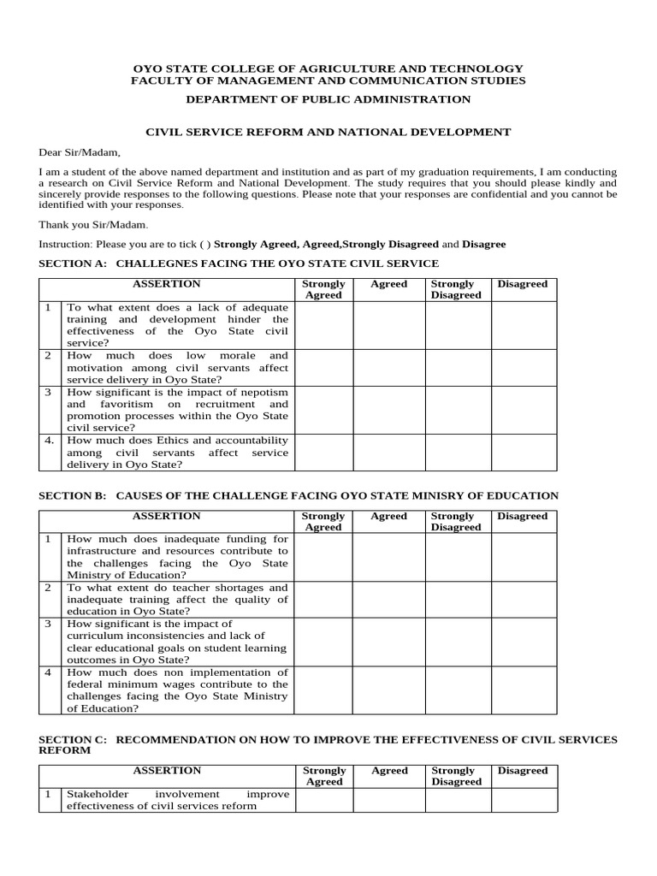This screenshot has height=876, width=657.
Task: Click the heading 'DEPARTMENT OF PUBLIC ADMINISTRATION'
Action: tap(328, 99)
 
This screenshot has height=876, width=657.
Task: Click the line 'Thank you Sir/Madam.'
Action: tap(93, 224)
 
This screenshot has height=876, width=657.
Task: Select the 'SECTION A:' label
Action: tap(74, 263)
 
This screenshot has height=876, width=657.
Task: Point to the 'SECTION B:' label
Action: tap(73, 495)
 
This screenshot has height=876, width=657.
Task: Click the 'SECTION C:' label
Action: tap(73, 739)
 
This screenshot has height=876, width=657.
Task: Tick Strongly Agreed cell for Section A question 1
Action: tap(323, 325)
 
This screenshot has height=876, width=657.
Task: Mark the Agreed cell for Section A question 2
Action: tap(389, 367)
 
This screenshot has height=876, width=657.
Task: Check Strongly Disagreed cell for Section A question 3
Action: tap(458, 410)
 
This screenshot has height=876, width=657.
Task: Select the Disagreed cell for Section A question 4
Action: tap(523, 453)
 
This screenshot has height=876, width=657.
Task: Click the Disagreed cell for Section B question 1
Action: tap(523, 557)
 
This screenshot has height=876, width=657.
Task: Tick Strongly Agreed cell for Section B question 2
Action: tap(323, 600)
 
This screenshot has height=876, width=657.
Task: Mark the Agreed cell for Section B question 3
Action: tap(389, 642)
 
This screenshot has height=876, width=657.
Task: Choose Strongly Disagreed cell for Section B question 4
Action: tap(458, 690)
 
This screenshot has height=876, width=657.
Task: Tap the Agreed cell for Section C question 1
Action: tap(389, 800)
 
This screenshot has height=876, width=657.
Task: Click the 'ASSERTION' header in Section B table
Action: tap(167, 516)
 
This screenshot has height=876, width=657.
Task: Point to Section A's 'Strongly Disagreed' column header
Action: tap(456, 289)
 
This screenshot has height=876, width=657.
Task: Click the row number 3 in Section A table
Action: tap(49, 392)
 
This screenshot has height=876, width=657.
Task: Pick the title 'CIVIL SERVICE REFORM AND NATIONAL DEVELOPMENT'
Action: tap(328, 132)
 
